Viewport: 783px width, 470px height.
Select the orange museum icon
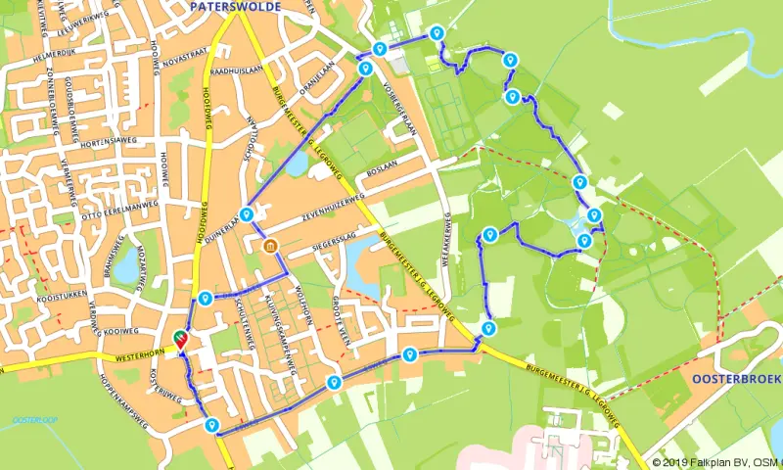270,246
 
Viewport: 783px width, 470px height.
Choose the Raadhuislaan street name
236,70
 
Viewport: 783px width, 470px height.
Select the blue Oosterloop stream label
35,420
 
